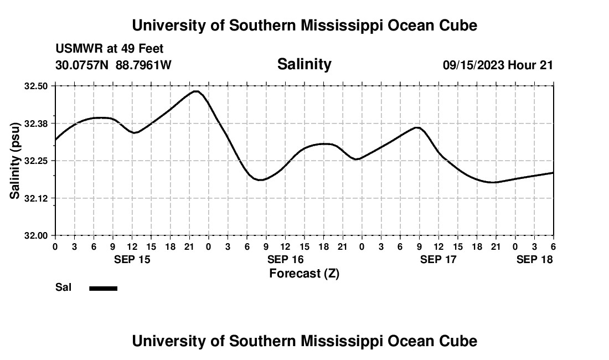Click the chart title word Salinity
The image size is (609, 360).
tap(304, 64)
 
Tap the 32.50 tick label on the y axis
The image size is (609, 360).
tap(37, 86)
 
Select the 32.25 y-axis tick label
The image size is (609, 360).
tap(37, 161)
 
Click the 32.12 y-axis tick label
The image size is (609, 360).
tap(37, 198)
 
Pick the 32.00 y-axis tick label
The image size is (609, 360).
tap(37, 235)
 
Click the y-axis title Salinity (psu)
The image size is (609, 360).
tap(15, 161)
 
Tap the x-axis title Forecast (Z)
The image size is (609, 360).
tap(304, 273)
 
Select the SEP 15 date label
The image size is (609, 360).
tap(132, 259)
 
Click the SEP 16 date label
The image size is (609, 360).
tap(285, 259)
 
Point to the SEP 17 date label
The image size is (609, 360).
tap(438, 259)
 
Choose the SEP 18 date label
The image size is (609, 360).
tap(534, 259)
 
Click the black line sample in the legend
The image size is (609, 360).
tap(103, 288)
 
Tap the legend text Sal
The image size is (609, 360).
tap(63, 287)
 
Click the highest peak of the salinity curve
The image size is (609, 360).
tap(195, 91)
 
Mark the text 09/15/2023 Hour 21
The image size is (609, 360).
tap(498, 65)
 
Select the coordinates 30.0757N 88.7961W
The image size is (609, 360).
tap(113, 65)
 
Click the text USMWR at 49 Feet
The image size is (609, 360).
tap(110, 49)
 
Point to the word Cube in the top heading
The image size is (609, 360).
tap(458, 25)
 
